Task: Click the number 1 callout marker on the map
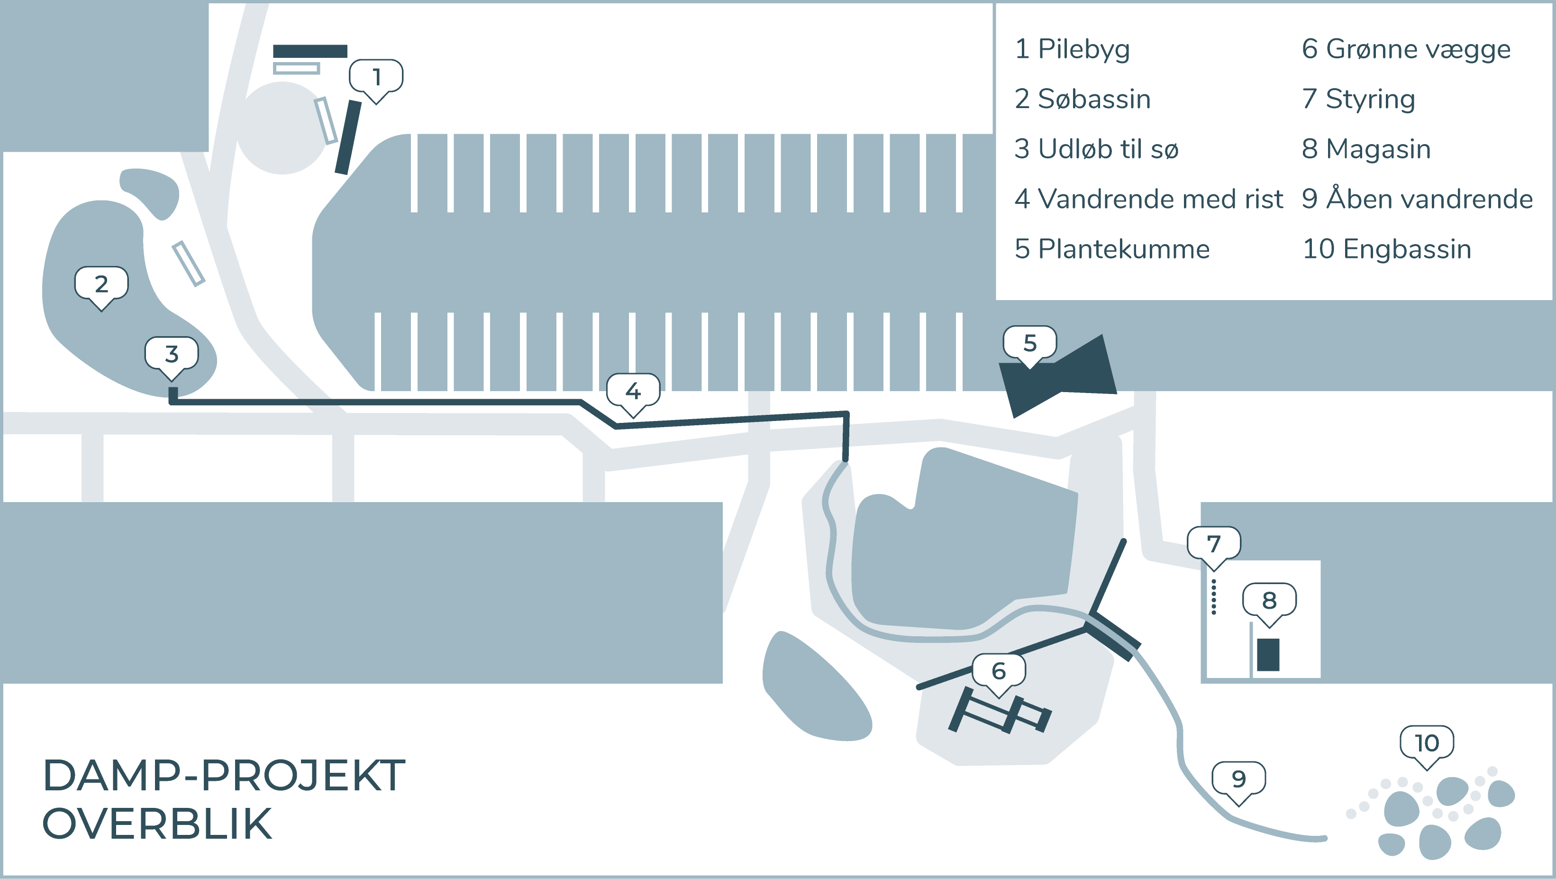point(376,77)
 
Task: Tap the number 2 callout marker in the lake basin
point(101,284)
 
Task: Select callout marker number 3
point(172,354)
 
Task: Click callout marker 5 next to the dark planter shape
point(1030,343)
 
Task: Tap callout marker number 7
point(1213,544)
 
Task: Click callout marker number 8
point(1269,601)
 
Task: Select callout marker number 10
point(1427,743)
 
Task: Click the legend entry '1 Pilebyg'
point(1072,49)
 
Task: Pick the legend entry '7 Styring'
point(1358,99)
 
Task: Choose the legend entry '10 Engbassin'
point(1386,249)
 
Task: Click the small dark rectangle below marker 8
point(1268,654)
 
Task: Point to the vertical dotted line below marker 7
point(1213,597)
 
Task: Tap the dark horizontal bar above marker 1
point(310,51)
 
